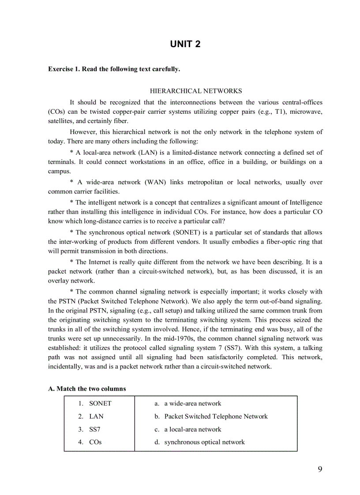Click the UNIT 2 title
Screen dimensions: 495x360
tap(185, 44)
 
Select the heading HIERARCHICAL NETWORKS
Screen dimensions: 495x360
tap(195, 91)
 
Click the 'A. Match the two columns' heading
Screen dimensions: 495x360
tap(87, 389)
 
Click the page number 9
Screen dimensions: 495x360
tap(320, 469)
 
